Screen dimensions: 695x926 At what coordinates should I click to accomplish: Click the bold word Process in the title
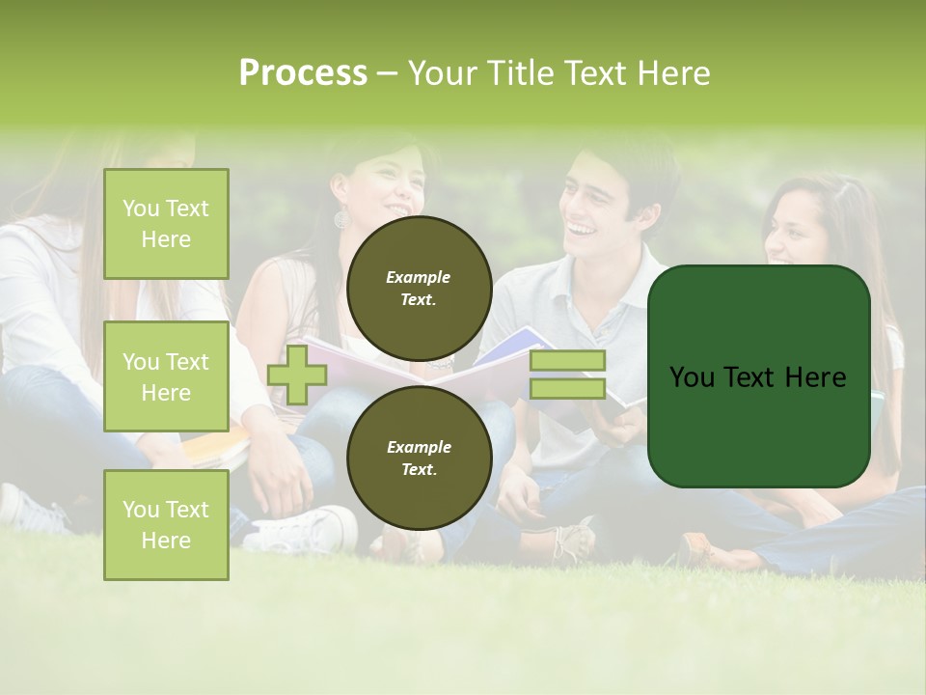(303, 73)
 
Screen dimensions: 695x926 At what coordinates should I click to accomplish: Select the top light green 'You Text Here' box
(166, 224)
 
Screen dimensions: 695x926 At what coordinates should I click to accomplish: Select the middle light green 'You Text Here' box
(166, 376)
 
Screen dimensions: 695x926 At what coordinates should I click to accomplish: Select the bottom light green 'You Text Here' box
(166, 524)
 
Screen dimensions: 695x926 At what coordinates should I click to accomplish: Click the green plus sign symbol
(297, 375)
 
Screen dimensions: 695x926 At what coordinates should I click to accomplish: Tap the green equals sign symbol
(567, 375)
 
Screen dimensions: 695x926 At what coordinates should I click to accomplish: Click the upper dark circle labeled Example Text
(419, 288)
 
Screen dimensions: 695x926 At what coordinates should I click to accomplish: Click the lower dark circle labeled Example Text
(419, 458)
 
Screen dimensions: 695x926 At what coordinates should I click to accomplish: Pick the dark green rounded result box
(758, 376)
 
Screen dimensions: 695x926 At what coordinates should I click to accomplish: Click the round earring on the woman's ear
(341, 219)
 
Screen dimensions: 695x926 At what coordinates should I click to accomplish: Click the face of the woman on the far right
(797, 236)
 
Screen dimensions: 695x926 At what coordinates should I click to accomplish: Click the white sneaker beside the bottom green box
(304, 531)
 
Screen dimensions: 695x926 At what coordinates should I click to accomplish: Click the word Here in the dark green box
(815, 377)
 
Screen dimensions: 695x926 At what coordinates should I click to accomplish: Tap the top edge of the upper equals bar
(567, 352)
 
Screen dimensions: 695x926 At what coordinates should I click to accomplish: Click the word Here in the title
(675, 73)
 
